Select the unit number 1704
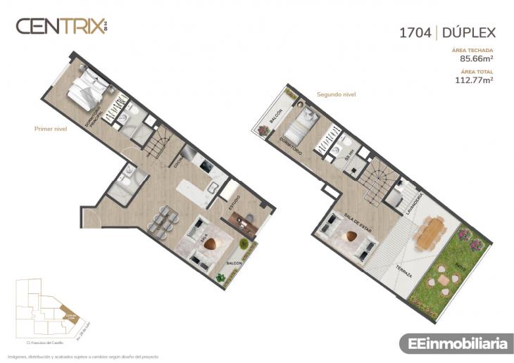click(x=415, y=32)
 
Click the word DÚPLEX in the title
click(x=469, y=32)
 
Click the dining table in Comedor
click(x=161, y=219)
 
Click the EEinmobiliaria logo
click(x=453, y=344)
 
